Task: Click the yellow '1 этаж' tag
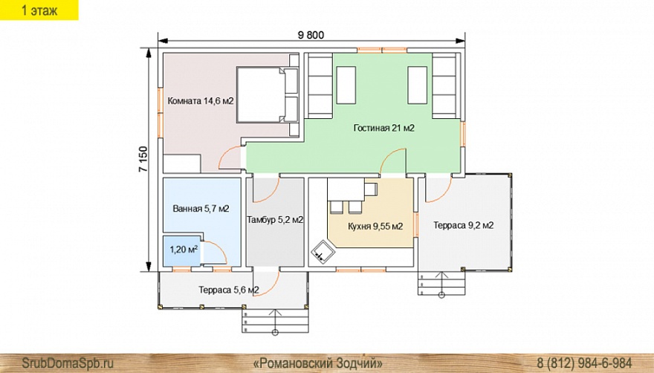click(x=39, y=10)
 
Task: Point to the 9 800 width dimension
click(x=311, y=35)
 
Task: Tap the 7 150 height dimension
click(x=143, y=160)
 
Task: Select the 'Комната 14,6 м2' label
click(x=200, y=101)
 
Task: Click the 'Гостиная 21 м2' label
click(x=383, y=128)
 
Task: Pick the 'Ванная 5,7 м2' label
click(x=201, y=208)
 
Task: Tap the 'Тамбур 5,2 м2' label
click(x=275, y=220)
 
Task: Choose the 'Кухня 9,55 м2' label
click(x=375, y=227)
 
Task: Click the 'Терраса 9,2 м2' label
click(x=464, y=226)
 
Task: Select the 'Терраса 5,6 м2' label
click(x=229, y=290)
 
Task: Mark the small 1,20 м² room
click(x=182, y=251)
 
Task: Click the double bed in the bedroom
click(x=268, y=94)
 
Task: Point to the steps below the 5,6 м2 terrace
click(x=275, y=320)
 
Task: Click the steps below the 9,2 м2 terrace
click(x=441, y=283)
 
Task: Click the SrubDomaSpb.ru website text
click(x=68, y=363)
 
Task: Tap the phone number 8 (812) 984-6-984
click(x=584, y=363)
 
